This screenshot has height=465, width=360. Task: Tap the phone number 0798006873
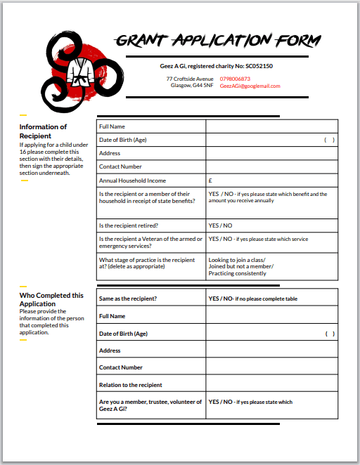(235, 79)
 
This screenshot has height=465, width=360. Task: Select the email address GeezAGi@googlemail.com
(250, 86)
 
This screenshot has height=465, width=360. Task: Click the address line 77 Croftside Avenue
(190, 79)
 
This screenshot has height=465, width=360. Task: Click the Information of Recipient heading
(43, 131)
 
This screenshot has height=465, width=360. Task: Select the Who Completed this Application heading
(51, 300)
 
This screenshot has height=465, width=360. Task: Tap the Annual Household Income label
(132, 181)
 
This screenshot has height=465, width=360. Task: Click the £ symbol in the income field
(210, 181)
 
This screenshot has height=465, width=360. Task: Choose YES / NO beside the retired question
(220, 225)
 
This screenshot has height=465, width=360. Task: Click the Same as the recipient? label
(127, 299)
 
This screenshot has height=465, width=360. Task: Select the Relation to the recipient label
(130, 385)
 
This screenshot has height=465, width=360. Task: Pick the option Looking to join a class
(236, 260)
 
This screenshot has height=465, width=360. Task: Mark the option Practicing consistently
(237, 273)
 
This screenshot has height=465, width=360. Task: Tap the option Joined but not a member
(240, 266)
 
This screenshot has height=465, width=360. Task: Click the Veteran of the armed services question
(150, 242)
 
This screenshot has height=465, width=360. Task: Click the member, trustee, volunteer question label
(150, 405)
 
